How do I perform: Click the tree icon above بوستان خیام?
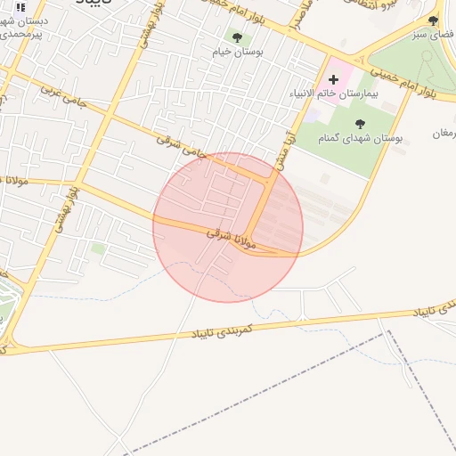point(237,37)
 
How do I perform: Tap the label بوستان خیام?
point(237,53)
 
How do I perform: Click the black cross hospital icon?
point(334,79)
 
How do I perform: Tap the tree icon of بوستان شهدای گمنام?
point(360,124)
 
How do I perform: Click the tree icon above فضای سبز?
point(433,20)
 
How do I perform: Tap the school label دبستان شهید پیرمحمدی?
point(24,27)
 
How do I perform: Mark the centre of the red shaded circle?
point(228,227)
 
